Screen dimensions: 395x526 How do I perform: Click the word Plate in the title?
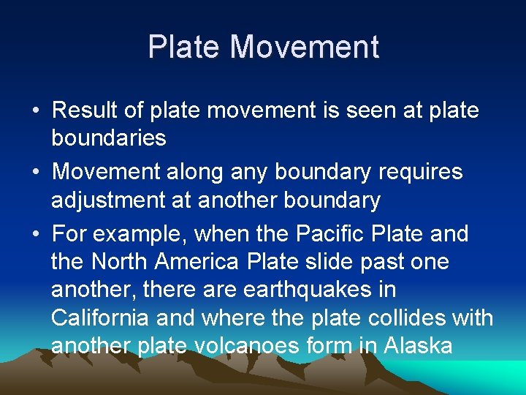click(184, 48)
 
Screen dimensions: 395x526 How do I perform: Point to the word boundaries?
click(109, 138)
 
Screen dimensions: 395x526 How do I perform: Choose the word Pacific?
click(329, 234)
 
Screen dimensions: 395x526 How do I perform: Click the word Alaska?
click(416, 345)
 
